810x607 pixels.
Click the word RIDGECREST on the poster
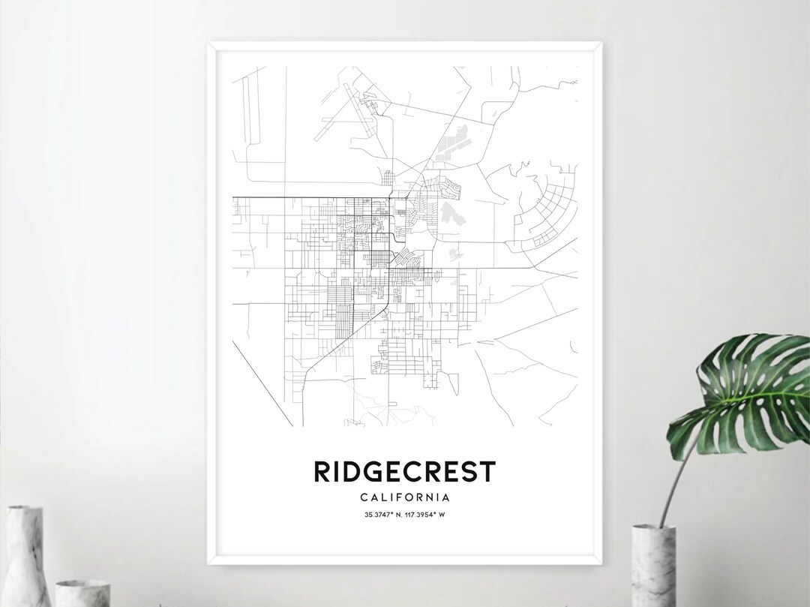(404, 472)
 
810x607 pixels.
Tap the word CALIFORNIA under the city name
(404, 497)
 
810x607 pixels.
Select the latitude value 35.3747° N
(382, 514)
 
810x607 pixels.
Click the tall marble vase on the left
(28, 556)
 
